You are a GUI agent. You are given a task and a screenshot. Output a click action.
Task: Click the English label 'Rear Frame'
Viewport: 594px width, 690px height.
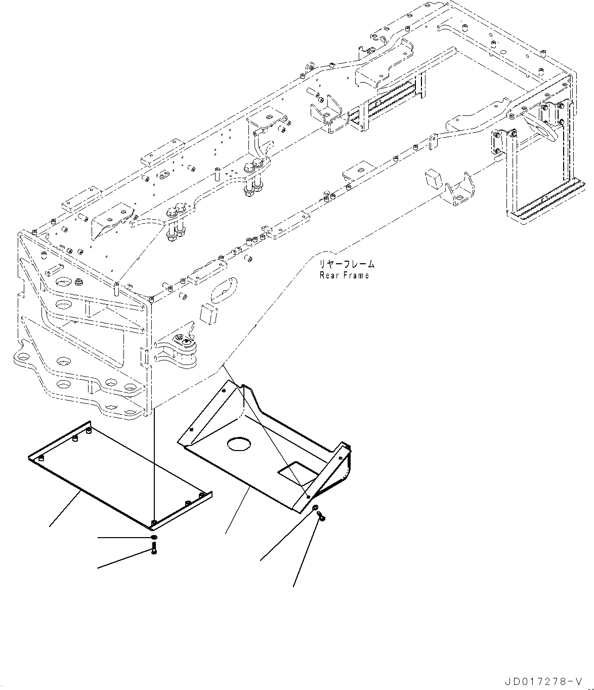coord(344,275)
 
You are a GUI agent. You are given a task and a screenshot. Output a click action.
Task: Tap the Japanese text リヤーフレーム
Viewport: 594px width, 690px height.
coord(347,264)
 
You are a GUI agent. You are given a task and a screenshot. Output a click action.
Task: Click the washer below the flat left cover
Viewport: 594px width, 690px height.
coord(154,537)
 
